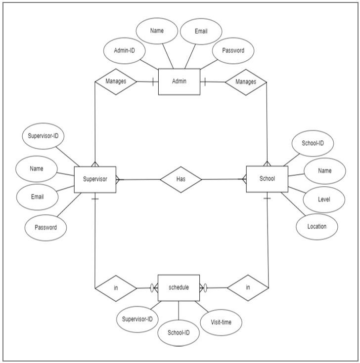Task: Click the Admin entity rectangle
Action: click(x=179, y=81)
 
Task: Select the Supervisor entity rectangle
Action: click(x=94, y=179)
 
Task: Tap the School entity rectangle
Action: click(x=267, y=179)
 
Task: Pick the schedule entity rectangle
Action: click(x=179, y=287)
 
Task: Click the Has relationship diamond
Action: click(x=180, y=179)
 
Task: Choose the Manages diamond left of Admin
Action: click(x=115, y=81)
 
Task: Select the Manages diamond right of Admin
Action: click(x=246, y=81)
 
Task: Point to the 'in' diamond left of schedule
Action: click(x=115, y=287)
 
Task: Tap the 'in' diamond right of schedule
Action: click(x=247, y=287)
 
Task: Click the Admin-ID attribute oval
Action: click(x=125, y=50)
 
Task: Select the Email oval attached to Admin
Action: click(x=201, y=32)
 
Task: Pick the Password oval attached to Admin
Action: click(x=232, y=50)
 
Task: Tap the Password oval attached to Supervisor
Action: click(x=45, y=228)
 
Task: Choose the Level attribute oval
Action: click(x=324, y=199)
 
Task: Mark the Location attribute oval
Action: click(x=316, y=227)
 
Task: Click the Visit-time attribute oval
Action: click(x=222, y=323)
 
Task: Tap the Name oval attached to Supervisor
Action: click(x=37, y=169)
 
